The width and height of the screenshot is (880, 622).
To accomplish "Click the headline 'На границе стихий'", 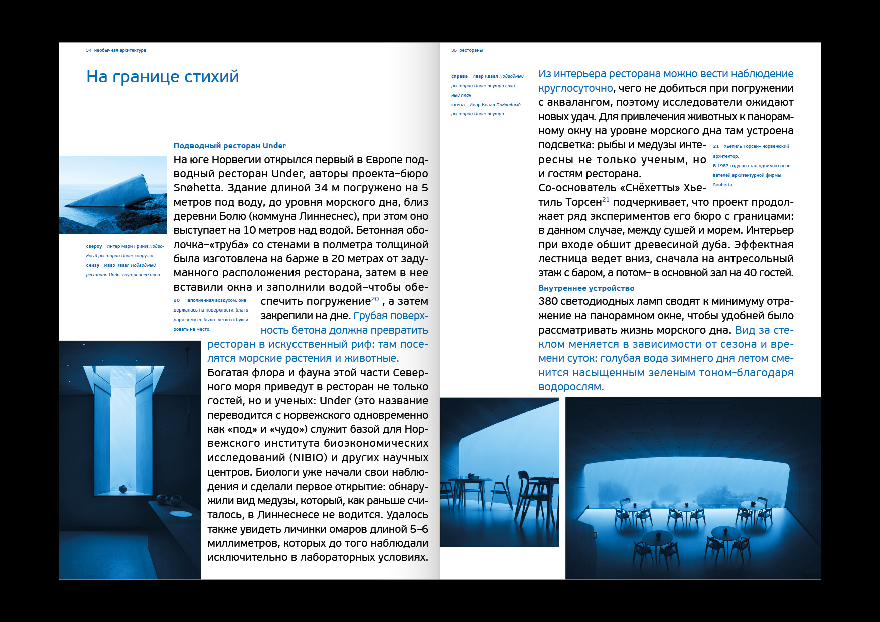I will [163, 77].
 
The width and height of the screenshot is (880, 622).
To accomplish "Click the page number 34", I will [89, 50].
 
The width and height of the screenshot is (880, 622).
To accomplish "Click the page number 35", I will [454, 50].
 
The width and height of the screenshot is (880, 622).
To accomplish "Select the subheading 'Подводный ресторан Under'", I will [230, 146].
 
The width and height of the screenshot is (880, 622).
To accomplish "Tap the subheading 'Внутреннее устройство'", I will [586, 288].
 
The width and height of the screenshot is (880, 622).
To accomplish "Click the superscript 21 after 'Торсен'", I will [606, 200].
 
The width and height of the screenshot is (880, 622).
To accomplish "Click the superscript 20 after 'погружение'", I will [375, 299].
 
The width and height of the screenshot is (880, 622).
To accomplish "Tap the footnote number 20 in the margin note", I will [177, 300].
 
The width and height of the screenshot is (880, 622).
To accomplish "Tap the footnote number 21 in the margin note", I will [716, 146].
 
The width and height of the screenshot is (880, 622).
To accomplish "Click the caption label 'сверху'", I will [94, 246].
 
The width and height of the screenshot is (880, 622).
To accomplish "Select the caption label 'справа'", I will [459, 76].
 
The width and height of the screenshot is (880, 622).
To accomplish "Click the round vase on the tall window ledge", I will [122, 488].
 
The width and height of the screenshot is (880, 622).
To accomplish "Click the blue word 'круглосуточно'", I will [575, 89].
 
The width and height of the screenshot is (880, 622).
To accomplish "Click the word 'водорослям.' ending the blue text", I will [571, 387].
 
